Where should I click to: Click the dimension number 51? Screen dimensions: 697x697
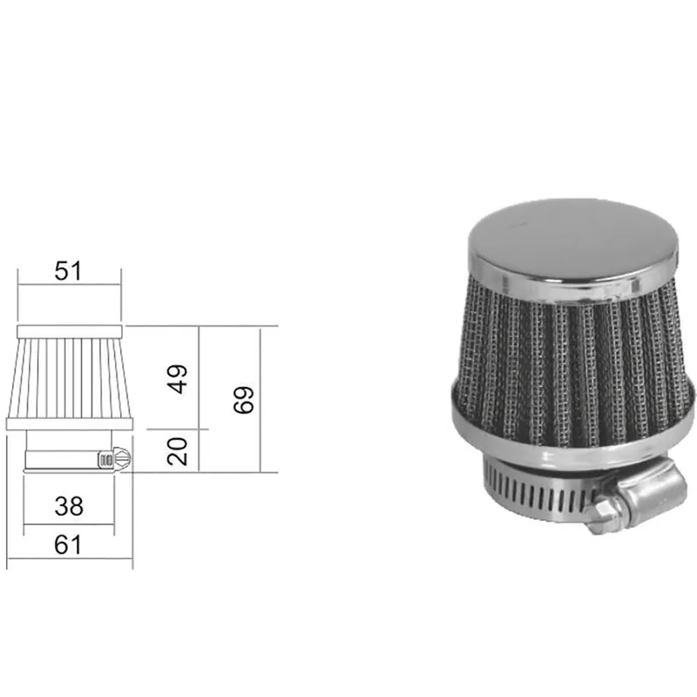point(68,270)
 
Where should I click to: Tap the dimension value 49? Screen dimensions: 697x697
point(178,379)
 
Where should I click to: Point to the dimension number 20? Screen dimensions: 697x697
point(178,451)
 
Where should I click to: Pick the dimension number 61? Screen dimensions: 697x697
point(68,545)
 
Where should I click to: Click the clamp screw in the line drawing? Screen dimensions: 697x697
point(114,458)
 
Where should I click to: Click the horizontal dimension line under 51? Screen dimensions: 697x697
point(68,284)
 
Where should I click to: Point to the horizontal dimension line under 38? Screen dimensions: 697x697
point(68,525)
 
